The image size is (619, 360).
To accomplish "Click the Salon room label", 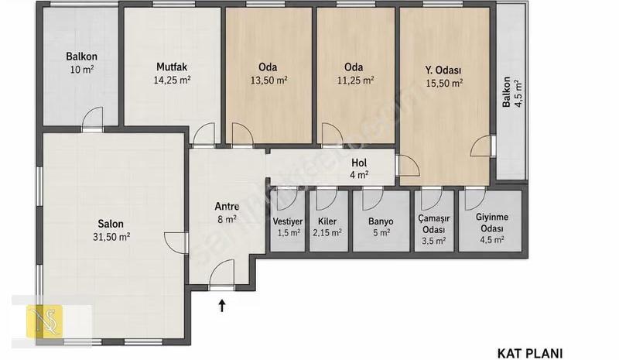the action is (x=111, y=224).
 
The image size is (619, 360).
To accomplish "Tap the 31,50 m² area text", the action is (x=111, y=237).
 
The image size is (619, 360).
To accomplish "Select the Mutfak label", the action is (x=172, y=67).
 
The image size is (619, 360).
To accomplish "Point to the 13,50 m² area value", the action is (x=268, y=81).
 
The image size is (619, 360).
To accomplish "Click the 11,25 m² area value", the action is (x=355, y=81).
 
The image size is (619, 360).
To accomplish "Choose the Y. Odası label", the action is (x=443, y=70).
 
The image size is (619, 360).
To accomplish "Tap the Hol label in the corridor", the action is (x=359, y=163).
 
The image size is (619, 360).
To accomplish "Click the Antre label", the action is (x=227, y=206).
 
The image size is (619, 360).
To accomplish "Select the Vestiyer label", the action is (x=288, y=221).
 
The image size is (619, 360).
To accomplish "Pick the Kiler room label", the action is (x=327, y=221).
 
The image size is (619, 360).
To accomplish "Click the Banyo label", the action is (x=381, y=221).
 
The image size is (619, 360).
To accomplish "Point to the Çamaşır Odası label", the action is (x=434, y=224).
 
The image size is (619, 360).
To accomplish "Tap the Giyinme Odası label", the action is (x=492, y=223).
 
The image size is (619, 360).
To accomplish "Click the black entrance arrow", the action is (x=222, y=305).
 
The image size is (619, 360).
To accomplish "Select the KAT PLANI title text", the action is (x=529, y=353).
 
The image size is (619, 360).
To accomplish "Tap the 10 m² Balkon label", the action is (x=82, y=63).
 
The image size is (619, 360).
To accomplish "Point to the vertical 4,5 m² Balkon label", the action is (x=512, y=92).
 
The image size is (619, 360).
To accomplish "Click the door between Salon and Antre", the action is (x=176, y=241).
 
